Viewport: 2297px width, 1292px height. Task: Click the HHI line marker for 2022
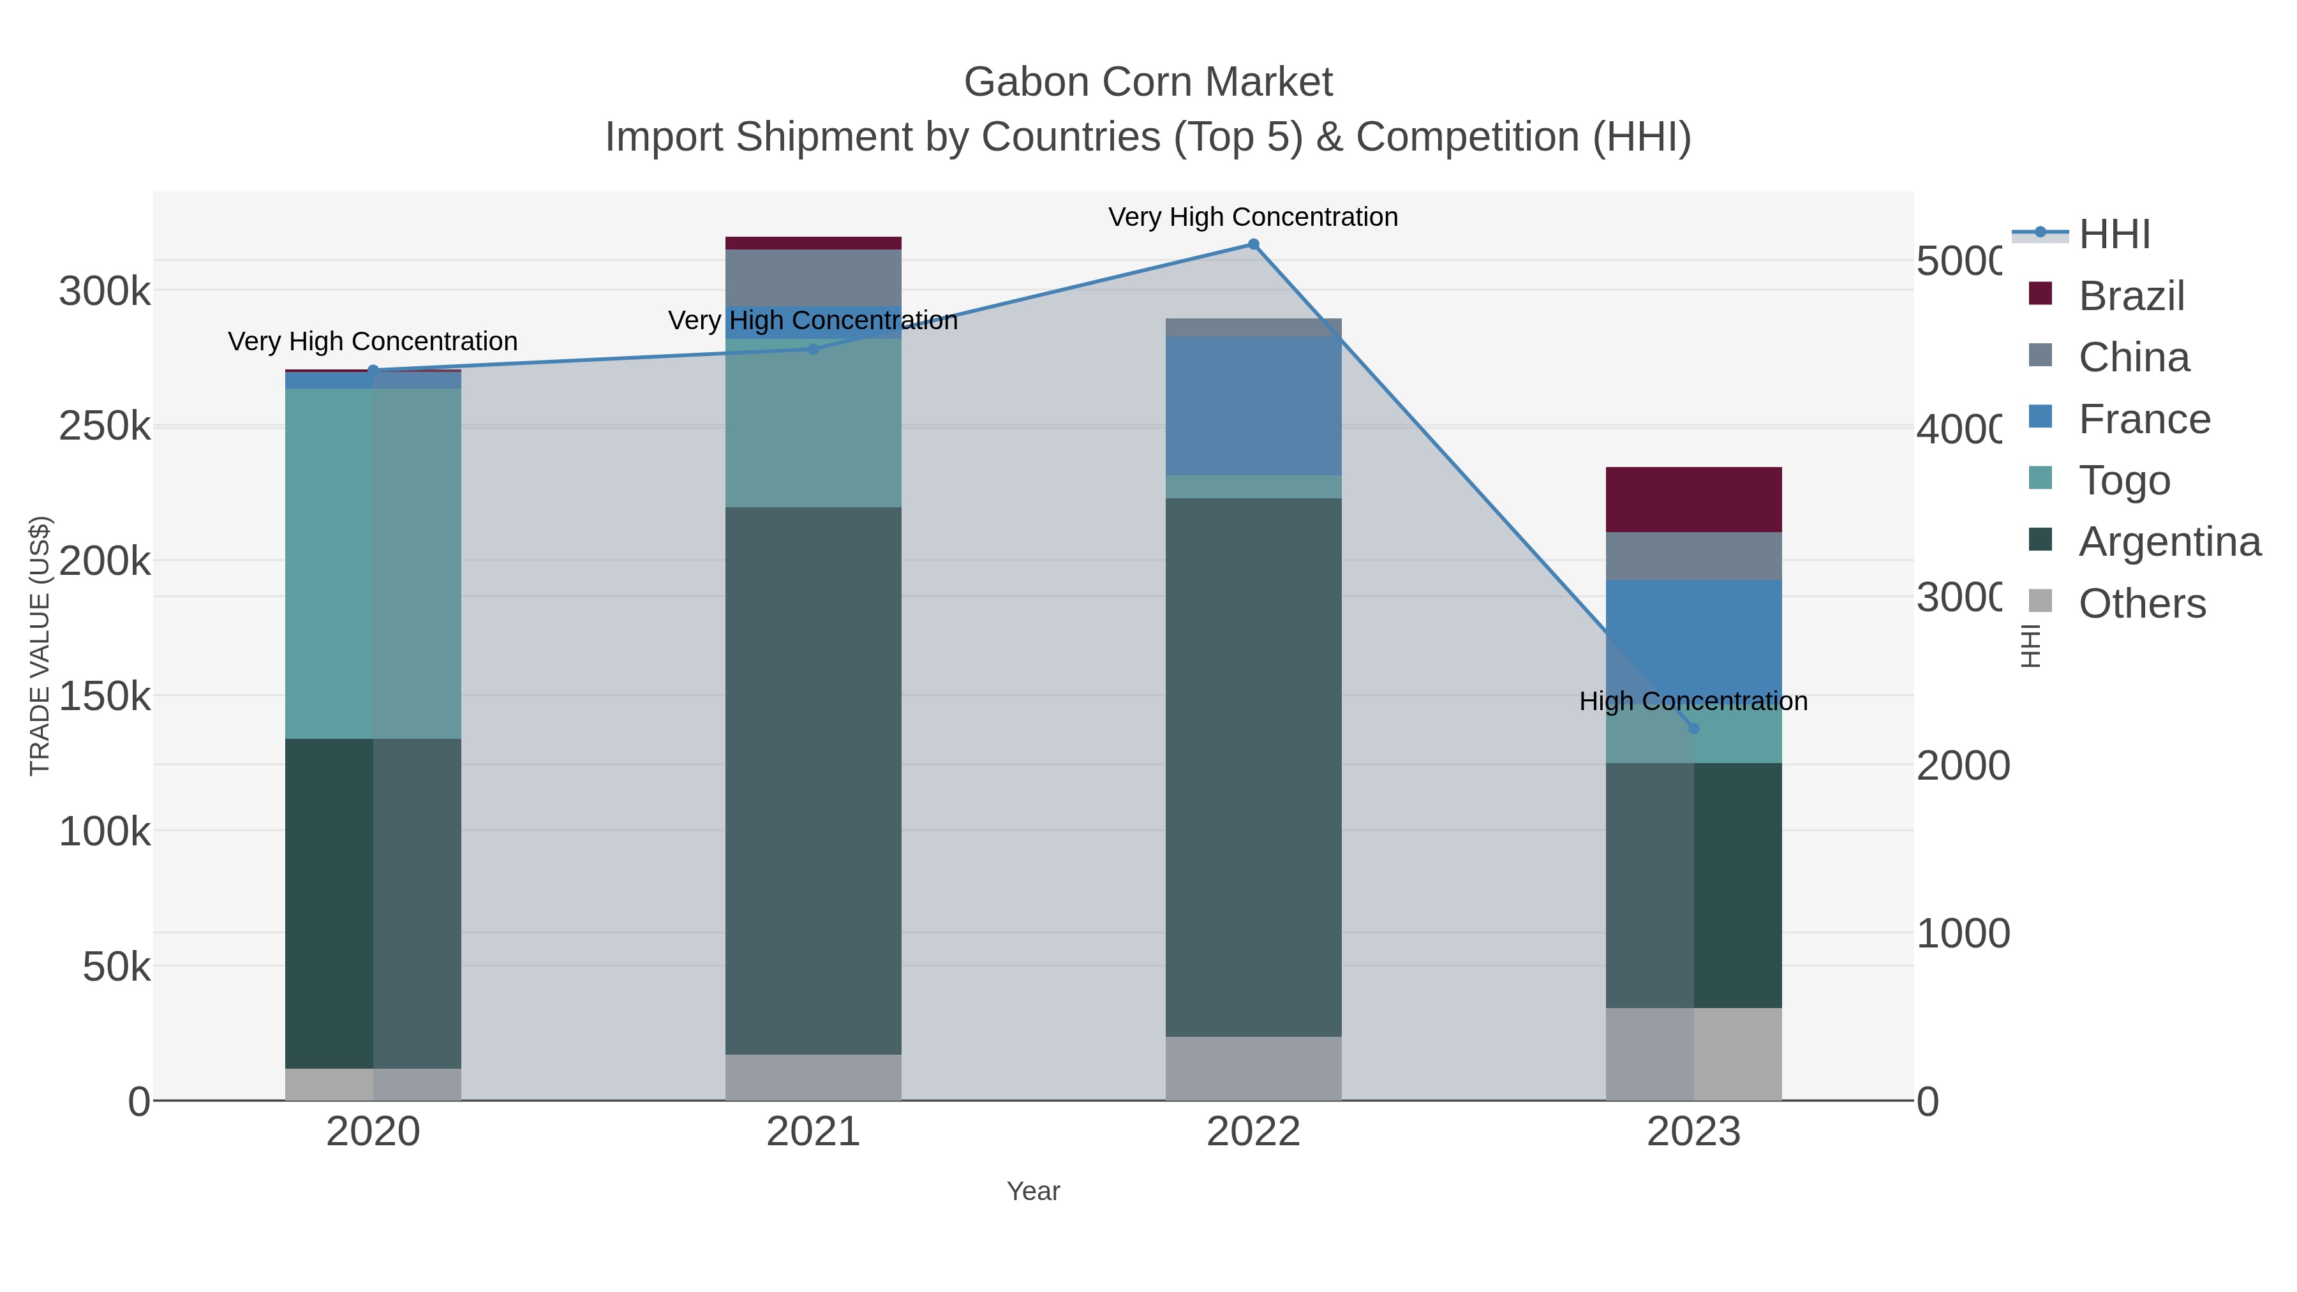1253,244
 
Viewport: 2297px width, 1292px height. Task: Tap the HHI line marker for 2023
1693,729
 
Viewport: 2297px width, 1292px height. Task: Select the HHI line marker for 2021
812,348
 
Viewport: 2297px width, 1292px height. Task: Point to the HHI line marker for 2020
373,370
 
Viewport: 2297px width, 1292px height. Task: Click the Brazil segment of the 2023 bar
1693,500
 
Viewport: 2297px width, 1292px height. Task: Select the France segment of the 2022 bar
1253,406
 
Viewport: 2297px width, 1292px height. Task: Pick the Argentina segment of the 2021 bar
812,780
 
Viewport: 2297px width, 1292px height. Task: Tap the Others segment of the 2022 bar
1253,1068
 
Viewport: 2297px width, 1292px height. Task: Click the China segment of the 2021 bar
812,278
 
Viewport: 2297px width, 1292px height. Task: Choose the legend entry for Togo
2124,480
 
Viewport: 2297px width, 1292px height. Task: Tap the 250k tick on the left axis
105,427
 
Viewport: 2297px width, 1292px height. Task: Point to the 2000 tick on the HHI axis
1963,766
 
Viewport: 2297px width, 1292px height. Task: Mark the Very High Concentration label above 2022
1253,218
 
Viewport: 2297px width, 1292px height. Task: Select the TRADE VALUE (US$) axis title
40,646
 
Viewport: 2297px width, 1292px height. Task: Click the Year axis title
1032,1191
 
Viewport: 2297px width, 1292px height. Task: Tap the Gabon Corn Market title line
1148,82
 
